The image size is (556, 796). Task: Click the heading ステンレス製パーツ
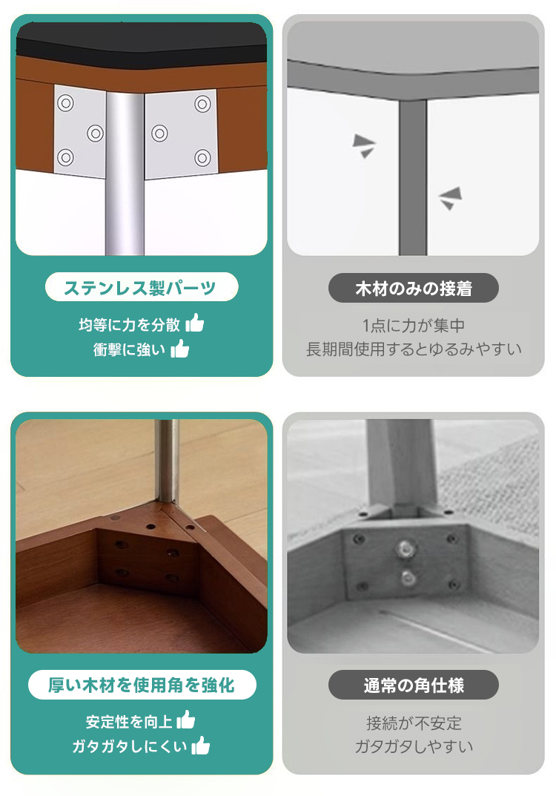coord(140,288)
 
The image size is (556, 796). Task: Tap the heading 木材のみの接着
coord(414,289)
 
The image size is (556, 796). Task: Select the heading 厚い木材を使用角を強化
coord(142,685)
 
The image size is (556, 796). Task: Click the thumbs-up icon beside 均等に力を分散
coord(195,323)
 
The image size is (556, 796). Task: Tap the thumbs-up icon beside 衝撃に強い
coord(180,348)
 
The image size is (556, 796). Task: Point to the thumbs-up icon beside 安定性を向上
coord(186,720)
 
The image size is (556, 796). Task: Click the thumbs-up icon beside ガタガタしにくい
coord(201,746)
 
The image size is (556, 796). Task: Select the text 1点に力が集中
coord(414,326)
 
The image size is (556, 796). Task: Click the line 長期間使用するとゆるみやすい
coord(414,349)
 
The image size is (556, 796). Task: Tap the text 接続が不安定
coord(414,723)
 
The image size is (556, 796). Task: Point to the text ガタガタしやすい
coord(414,746)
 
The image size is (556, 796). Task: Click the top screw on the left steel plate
coord(65,104)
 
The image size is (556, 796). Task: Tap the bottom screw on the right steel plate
coord(203,158)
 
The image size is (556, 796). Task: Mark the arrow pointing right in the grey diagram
coord(364,145)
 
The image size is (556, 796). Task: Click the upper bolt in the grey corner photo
coord(404,548)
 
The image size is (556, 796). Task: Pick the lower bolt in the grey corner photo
coord(407,577)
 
